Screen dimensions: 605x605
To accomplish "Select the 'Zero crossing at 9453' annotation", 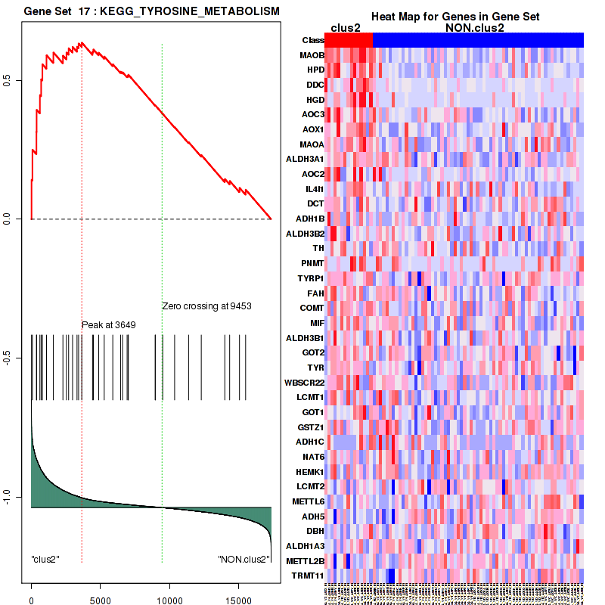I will (206, 306).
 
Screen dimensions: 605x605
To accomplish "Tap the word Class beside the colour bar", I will (312, 40).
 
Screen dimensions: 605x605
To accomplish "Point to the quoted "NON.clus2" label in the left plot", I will (244, 560).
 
